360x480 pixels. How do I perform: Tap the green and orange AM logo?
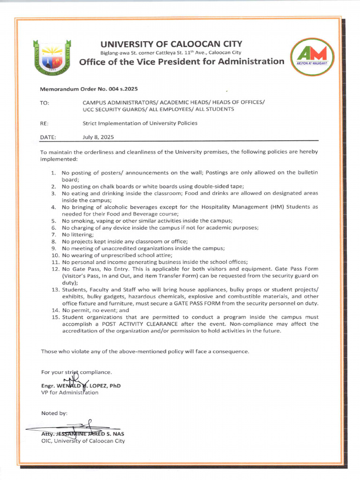[x=312, y=57]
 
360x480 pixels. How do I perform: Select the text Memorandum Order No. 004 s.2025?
[x=89, y=89]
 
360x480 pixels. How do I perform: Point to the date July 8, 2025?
[x=98, y=137]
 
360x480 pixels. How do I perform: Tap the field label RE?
[x=45, y=123]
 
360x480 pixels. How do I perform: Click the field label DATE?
[x=48, y=137]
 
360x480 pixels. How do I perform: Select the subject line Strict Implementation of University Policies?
[x=140, y=123]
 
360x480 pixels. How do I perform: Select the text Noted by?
[x=54, y=413]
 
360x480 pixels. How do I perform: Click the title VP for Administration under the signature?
[x=70, y=392]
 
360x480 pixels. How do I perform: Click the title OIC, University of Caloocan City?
[x=83, y=441]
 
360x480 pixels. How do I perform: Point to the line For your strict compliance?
[x=76, y=372]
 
